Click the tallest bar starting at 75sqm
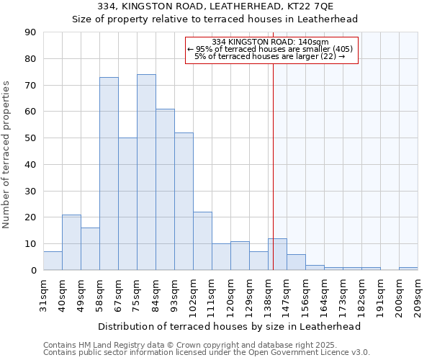click(146, 172)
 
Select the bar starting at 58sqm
click(109, 174)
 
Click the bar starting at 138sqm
click(277, 254)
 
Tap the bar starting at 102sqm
click(202, 241)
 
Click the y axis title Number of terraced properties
click(6, 155)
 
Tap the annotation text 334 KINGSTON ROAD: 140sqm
click(271, 42)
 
